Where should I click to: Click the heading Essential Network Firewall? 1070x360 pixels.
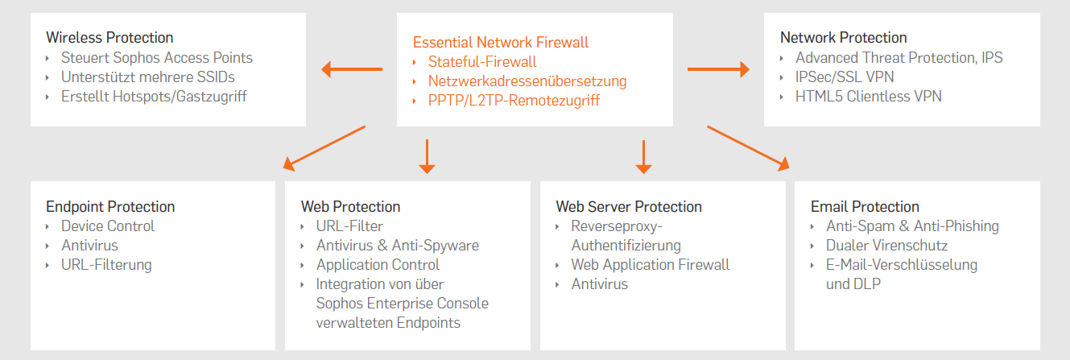point(500,43)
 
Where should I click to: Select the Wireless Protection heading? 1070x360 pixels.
point(109,37)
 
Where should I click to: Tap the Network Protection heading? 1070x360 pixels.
point(843,37)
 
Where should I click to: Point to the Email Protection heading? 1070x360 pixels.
point(865,207)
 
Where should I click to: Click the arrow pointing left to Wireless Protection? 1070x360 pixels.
point(351,69)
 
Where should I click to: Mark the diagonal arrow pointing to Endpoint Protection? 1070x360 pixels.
point(324,147)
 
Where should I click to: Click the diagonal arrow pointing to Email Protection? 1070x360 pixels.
point(748,147)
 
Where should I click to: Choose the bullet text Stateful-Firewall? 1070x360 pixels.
point(482,62)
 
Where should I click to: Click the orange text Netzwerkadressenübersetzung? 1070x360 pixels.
point(527,81)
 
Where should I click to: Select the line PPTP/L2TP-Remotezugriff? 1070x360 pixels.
point(514,101)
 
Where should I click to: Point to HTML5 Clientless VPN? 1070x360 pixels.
point(868,97)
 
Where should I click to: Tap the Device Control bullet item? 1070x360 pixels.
point(108,226)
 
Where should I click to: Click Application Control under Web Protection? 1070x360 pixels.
point(378,265)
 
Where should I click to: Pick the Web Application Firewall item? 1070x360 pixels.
point(650,265)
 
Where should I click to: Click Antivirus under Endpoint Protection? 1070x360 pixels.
point(89,246)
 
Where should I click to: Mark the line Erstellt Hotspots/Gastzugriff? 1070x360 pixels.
point(154,97)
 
